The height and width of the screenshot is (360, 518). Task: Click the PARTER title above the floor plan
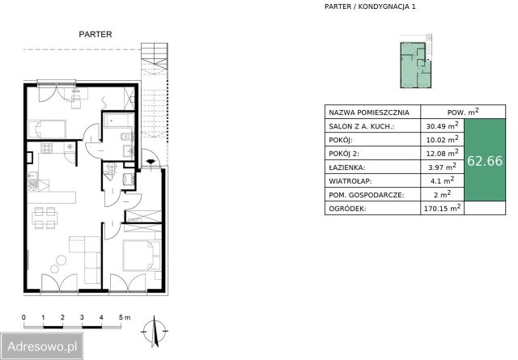pyautogui.click(x=96, y=34)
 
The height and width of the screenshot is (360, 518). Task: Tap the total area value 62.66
pyautogui.click(x=485, y=161)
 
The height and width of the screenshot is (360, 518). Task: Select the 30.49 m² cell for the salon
pyautogui.click(x=442, y=125)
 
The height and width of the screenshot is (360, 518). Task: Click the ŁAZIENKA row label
pyautogui.click(x=347, y=167)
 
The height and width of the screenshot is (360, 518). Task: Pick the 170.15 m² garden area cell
pyautogui.click(x=442, y=208)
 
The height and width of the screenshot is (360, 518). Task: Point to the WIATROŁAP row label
pyautogui.click(x=350, y=181)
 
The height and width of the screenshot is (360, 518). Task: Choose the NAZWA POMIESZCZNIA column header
pyautogui.click(x=369, y=112)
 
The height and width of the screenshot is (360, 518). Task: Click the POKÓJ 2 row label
pyautogui.click(x=344, y=154)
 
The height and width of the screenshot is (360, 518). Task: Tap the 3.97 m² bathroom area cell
pyautogui.click(x=442, y=167)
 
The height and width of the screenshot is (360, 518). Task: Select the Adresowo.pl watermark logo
pyautogui.click(x=41, y=346)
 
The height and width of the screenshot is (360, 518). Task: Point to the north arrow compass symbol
pyautogui.click(x=155, y=331)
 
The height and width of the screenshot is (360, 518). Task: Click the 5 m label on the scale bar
pyautogui.click(x=125, y=317)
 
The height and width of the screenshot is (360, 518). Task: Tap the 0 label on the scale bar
pyautogui.click(x=23, y=317)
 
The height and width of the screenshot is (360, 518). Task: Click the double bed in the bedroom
pyautogui.click(x=142, y=256)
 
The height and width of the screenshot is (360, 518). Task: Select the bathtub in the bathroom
pyautogui.click(x=119, y=121)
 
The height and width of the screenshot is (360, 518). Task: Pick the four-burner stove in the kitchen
pyautogui.click(x=47, y=147)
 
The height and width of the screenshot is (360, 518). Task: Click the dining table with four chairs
pyautogui.click(x=45, y=218)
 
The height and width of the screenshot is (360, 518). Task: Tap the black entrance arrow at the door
pyautogui.click(x=151, y=162)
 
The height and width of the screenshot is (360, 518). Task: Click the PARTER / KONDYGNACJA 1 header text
pyautogui.click(x=370, y=6)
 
